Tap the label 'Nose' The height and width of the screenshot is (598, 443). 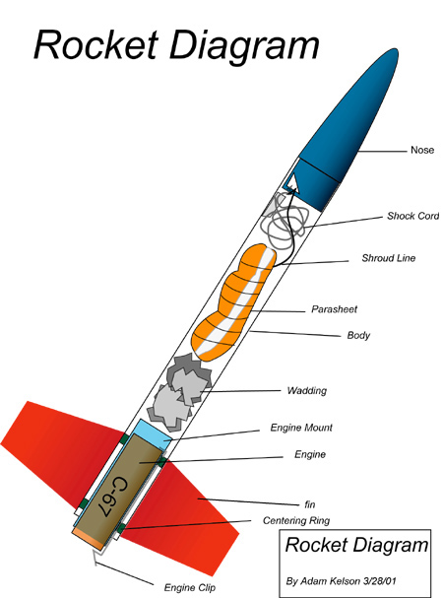[422, 150]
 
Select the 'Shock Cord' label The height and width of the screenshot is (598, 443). [413, 216]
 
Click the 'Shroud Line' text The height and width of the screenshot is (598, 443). [389, 258]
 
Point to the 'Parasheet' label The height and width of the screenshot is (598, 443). [335, 309]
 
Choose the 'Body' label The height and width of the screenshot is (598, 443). [358, 335]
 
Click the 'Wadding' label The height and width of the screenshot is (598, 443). [307, 390]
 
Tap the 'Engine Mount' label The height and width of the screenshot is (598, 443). [301, 428]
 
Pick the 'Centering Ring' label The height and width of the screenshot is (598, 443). [296, 520]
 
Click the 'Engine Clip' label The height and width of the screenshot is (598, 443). [190, 588]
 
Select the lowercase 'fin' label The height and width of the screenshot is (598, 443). [310, 504]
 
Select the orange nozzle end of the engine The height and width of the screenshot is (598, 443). [89, 539]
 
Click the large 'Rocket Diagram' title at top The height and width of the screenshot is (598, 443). [176, 45]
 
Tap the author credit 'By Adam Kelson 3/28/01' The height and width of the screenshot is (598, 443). [342, 581]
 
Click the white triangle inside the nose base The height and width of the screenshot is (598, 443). [292, 182]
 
